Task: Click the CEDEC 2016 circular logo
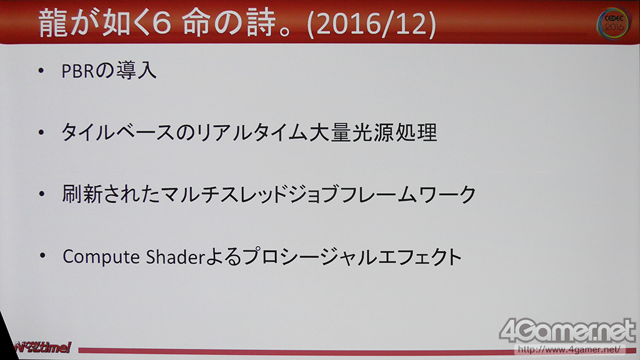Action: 614,24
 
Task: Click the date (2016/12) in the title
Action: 371,24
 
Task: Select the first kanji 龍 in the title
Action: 53,24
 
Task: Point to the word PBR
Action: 78,71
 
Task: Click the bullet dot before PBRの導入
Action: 41,71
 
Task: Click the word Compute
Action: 101,257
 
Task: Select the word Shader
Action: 175,257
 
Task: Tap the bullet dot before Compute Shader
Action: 42,256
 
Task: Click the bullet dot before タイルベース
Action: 41,132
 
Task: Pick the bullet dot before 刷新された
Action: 42,194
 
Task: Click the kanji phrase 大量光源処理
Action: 373,132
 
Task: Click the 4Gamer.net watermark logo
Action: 567,331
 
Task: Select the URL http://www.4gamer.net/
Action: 569,349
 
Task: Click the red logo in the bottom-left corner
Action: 42,347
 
